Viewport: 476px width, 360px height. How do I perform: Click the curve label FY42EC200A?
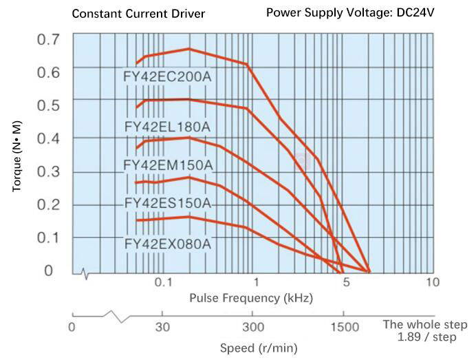pyautogui.click(x=169, y=76)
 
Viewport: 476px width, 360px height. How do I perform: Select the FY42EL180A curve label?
pyautogui.click(x=167, y=127)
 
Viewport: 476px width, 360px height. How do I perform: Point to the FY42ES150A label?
pyautogui.click(x=167, y=204)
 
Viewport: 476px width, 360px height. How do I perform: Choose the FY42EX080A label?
pyautogui.click(x=167, y=243)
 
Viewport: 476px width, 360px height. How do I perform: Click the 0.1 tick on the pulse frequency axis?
pyautogui.click(x=162, y=283)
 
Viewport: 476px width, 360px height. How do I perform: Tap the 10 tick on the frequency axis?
pyautogui.click(x=432, y=283)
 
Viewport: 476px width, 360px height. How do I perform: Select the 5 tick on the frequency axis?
pyautogui.click(x=346, y=283)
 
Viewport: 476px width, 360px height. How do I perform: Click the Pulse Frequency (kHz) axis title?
pyautogui.click(x=251, y=298)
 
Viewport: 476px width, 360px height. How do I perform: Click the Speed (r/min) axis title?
pyautogui.click(x=259, y=348)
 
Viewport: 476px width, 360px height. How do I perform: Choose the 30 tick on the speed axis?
pyautogui.click(x=162, y=327)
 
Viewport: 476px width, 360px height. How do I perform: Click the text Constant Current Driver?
pyautogui.click(x=138, y=13)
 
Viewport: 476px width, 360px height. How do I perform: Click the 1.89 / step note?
pyautogui.click(x=425, y=337)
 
